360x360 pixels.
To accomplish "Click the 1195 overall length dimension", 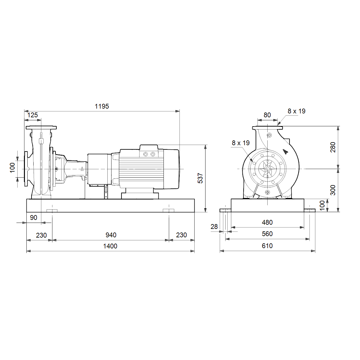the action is [x=102, y=106].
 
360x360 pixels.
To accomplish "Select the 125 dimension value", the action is [x=32, y=115].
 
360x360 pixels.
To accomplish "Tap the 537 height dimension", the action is [x=200, y=178].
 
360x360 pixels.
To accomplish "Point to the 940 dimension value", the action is [x=111, y=235].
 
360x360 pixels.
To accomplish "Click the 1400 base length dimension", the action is [x=110, y=246].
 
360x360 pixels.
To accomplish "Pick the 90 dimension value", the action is [x=34, y=217].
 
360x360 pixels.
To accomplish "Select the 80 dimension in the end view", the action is [x=267, y=115].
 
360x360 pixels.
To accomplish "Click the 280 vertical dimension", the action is [x=333, y=147].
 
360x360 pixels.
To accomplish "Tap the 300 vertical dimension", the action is [x=333, y=190].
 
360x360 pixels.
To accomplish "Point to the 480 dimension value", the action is [x=267, y=222].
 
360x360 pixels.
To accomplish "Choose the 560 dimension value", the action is [x=267, y=234].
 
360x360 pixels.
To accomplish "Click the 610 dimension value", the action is [x=267, y=246].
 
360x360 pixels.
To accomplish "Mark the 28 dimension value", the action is [x=214, y=226].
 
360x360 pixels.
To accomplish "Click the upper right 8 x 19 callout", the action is [x=296, y=111].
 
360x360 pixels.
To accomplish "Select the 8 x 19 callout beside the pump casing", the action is [x=241, y=143].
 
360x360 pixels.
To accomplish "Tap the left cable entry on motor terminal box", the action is [x=145, y=154].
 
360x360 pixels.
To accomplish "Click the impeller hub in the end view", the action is [x=267, y=169].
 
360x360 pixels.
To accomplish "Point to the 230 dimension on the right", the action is [x=181, y=235].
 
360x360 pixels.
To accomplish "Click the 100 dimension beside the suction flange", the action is [x=12, y=168].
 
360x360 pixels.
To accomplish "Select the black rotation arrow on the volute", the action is [x=286, y=151].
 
